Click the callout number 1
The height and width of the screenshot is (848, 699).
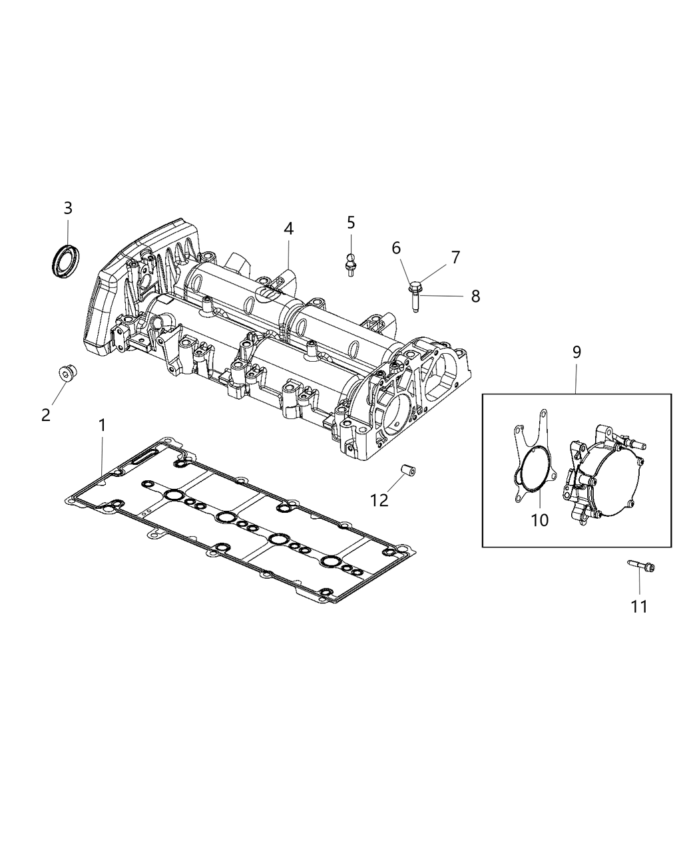(102, 425)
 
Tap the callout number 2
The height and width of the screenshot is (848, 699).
(45, 415)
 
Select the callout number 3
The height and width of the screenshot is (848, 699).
(67, 208)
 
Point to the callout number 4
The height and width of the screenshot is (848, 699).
(288, 228)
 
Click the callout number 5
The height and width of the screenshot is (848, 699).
(351, 223)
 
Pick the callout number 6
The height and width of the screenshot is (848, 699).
(396, 248)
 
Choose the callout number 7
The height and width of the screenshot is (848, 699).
(455, 257)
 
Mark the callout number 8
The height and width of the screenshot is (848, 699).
(475, 296)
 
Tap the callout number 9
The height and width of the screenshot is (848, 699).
(577, 352)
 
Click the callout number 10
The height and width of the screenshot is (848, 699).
(539, 520)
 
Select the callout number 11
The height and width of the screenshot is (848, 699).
(639, 606)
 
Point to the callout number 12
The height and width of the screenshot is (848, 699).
(379, 499)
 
